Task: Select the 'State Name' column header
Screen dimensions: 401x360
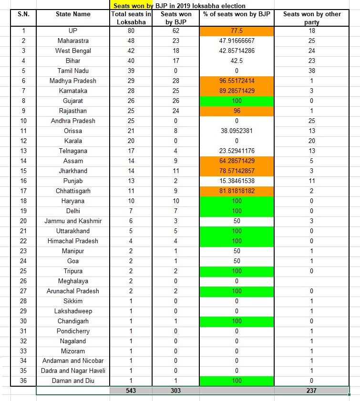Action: [73, 14]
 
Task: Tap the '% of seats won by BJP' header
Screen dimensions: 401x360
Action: [237, 14]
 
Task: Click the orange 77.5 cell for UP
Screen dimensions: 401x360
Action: [237, 31]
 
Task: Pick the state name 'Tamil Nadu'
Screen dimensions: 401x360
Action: [73, 71]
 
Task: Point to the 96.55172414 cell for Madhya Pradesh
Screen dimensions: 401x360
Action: [237, 81]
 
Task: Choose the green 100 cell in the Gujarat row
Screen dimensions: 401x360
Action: [237, 101]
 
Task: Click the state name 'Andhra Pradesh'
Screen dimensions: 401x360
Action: [73, 121]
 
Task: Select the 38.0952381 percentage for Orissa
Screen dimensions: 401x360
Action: [237, 131]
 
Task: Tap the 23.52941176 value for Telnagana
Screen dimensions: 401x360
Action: [237, 151]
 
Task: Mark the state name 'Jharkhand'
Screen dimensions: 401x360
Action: [73, 171]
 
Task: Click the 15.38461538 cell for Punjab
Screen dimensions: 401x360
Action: [237, 181]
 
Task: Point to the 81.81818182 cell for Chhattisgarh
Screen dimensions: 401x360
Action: [237, 191]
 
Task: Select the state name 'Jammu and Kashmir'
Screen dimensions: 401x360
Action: [73, 221]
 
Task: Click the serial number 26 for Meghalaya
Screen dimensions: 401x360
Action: [23, 281]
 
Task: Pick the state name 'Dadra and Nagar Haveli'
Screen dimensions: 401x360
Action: [73, 371]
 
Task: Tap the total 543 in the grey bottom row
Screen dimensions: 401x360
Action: [131, 391]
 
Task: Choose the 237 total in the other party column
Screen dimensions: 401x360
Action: [312, 391]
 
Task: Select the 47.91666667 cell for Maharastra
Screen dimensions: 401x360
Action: [237, 41]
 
